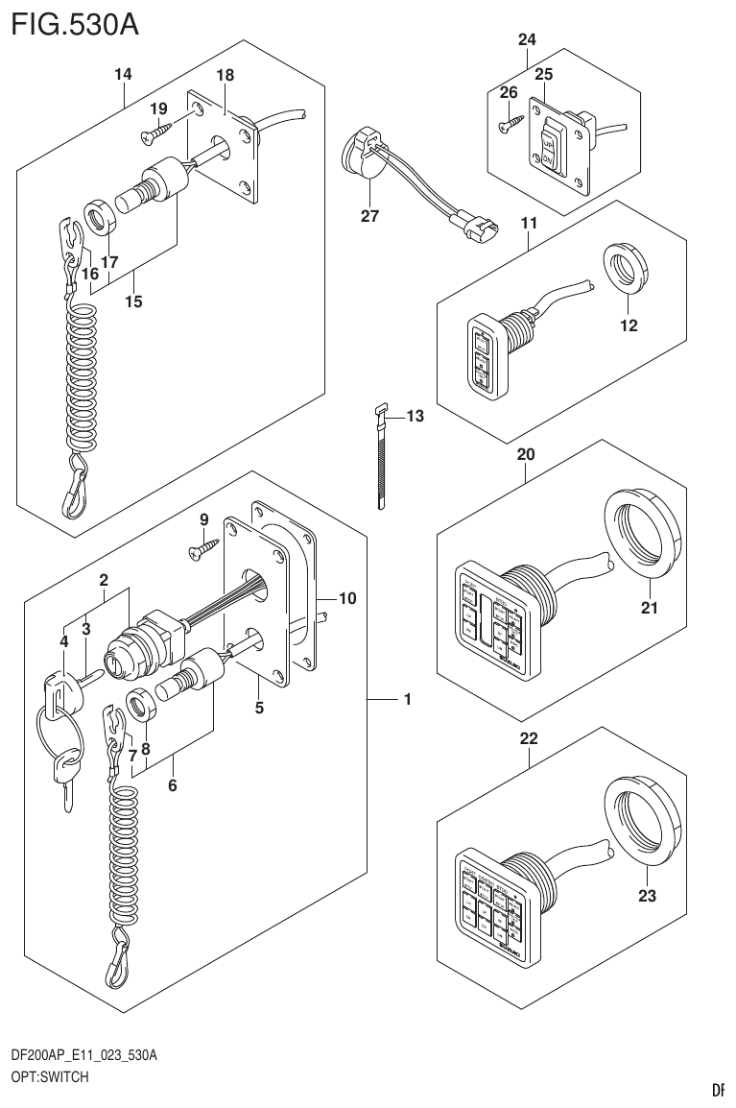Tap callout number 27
(369, 216)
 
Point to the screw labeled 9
(203, 549)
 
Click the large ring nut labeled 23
(642, 820)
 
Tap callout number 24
(527, 39)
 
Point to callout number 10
(347, 598)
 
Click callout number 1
(408, 700)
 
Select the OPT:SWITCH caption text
(50, 1077)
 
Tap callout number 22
(528, 739)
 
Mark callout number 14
(123, 74)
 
